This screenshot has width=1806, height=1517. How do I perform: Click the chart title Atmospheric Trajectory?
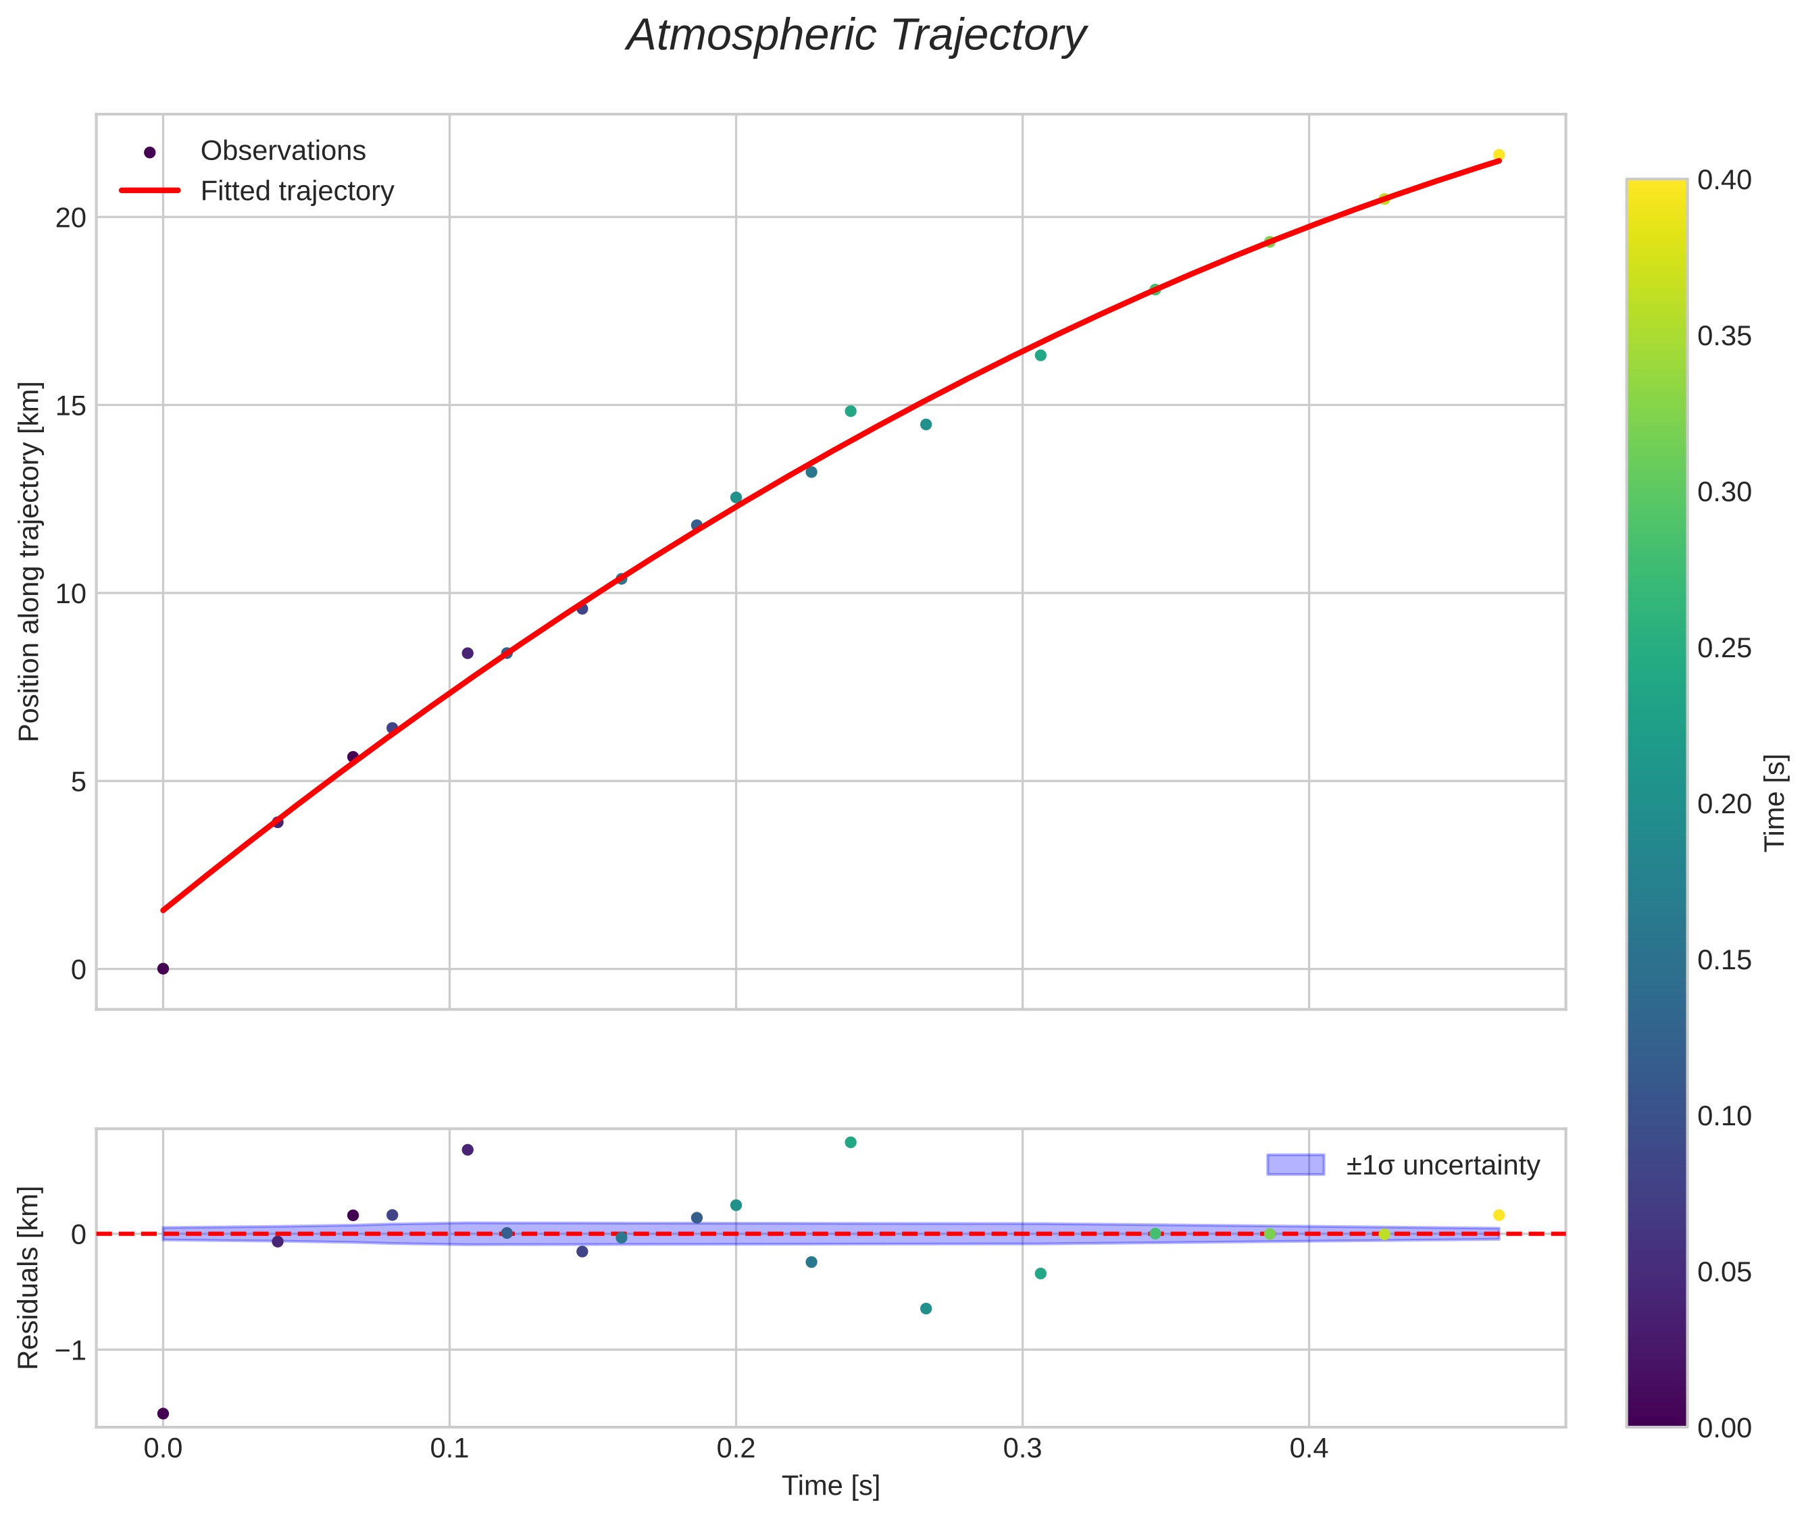coord(856,36)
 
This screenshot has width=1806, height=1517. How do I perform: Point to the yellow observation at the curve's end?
coord(1498,155)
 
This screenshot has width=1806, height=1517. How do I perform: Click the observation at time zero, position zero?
coord(163,969)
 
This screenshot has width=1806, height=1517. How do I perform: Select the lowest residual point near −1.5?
coord(163,1413)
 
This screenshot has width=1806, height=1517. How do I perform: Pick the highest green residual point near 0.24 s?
coord(850,1142)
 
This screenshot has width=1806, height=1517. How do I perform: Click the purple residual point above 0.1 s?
coord(467,1150)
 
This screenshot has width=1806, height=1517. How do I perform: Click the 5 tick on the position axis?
coord(78,781)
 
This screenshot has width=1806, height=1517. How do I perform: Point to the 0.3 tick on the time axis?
coord(1022,1449)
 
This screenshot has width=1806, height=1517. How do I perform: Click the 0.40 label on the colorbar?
coord(1724,180)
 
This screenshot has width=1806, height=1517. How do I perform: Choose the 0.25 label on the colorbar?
coord(1724,648)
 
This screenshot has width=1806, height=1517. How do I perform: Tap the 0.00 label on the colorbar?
coord(1724,1428)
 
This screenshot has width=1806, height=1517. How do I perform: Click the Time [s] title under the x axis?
coord(830,1486)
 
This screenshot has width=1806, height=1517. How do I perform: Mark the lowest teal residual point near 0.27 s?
coord(926,1308)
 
